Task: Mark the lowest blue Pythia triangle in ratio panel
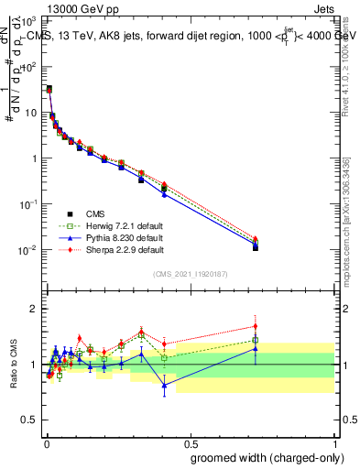[x=164, y=386]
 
